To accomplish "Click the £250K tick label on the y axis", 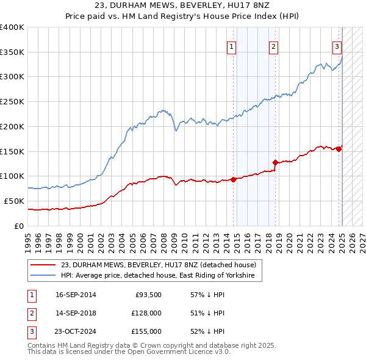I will (x=12, y=101).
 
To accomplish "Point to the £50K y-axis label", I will (x=14, y=201).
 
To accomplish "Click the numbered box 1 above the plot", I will (x=232, y=46).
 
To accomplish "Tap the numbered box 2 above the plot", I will (x=274, y=46).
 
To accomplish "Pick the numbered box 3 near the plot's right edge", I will (x=337, y=46).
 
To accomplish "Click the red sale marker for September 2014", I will (x=233, y=179).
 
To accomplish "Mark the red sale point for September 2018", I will (x=275, y=162).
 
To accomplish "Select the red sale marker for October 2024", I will (x=339, y=149).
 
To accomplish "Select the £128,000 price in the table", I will (x=146, y=314).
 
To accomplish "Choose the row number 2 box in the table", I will (x=31, y=314).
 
